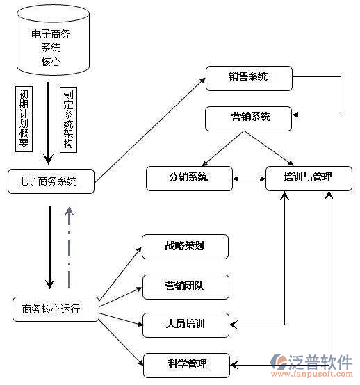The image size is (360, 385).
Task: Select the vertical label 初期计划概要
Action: [x=24, y=118]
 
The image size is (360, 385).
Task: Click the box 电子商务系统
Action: [x=52, y=181]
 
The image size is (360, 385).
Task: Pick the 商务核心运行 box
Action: [x=56, y=309]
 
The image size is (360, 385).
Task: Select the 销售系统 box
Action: [x=248, y=76]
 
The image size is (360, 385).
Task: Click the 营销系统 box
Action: [x=247, y=118]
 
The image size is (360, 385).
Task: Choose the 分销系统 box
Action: [x=188, y=177]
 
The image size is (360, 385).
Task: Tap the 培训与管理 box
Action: [x=309, y=177]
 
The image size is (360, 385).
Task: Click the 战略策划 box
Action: [x=185, y=246]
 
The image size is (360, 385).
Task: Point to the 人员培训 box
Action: [x=185, y=325]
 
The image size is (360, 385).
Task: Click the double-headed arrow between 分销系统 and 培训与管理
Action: [x=248, y=178]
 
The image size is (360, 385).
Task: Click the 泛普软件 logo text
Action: [x=321, y=361]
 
